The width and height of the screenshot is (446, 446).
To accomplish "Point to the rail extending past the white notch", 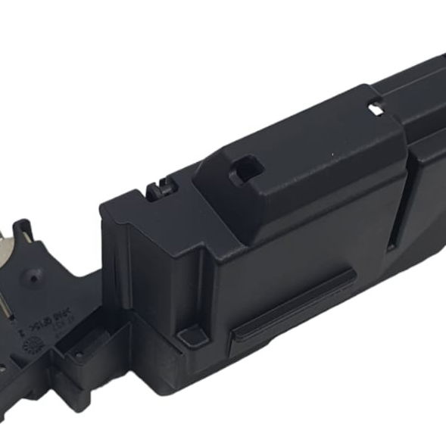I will click(x=416, y=83).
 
